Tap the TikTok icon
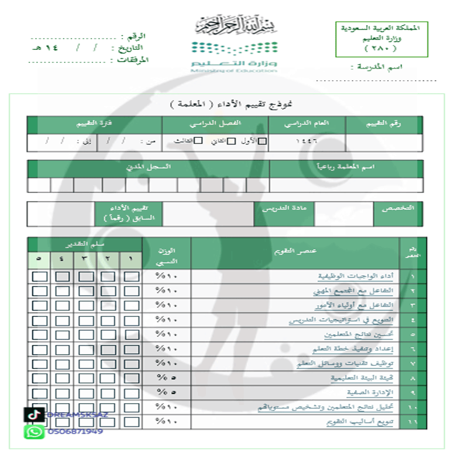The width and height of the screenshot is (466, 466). point(34,414)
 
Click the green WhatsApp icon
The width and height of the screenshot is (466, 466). point(34,431)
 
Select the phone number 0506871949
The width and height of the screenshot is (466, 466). point(75,431)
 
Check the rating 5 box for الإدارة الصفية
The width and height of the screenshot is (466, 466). point(40,392)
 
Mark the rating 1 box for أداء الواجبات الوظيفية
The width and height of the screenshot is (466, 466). point(132,276)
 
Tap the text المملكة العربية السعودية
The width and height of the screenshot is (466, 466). point(381,28)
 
